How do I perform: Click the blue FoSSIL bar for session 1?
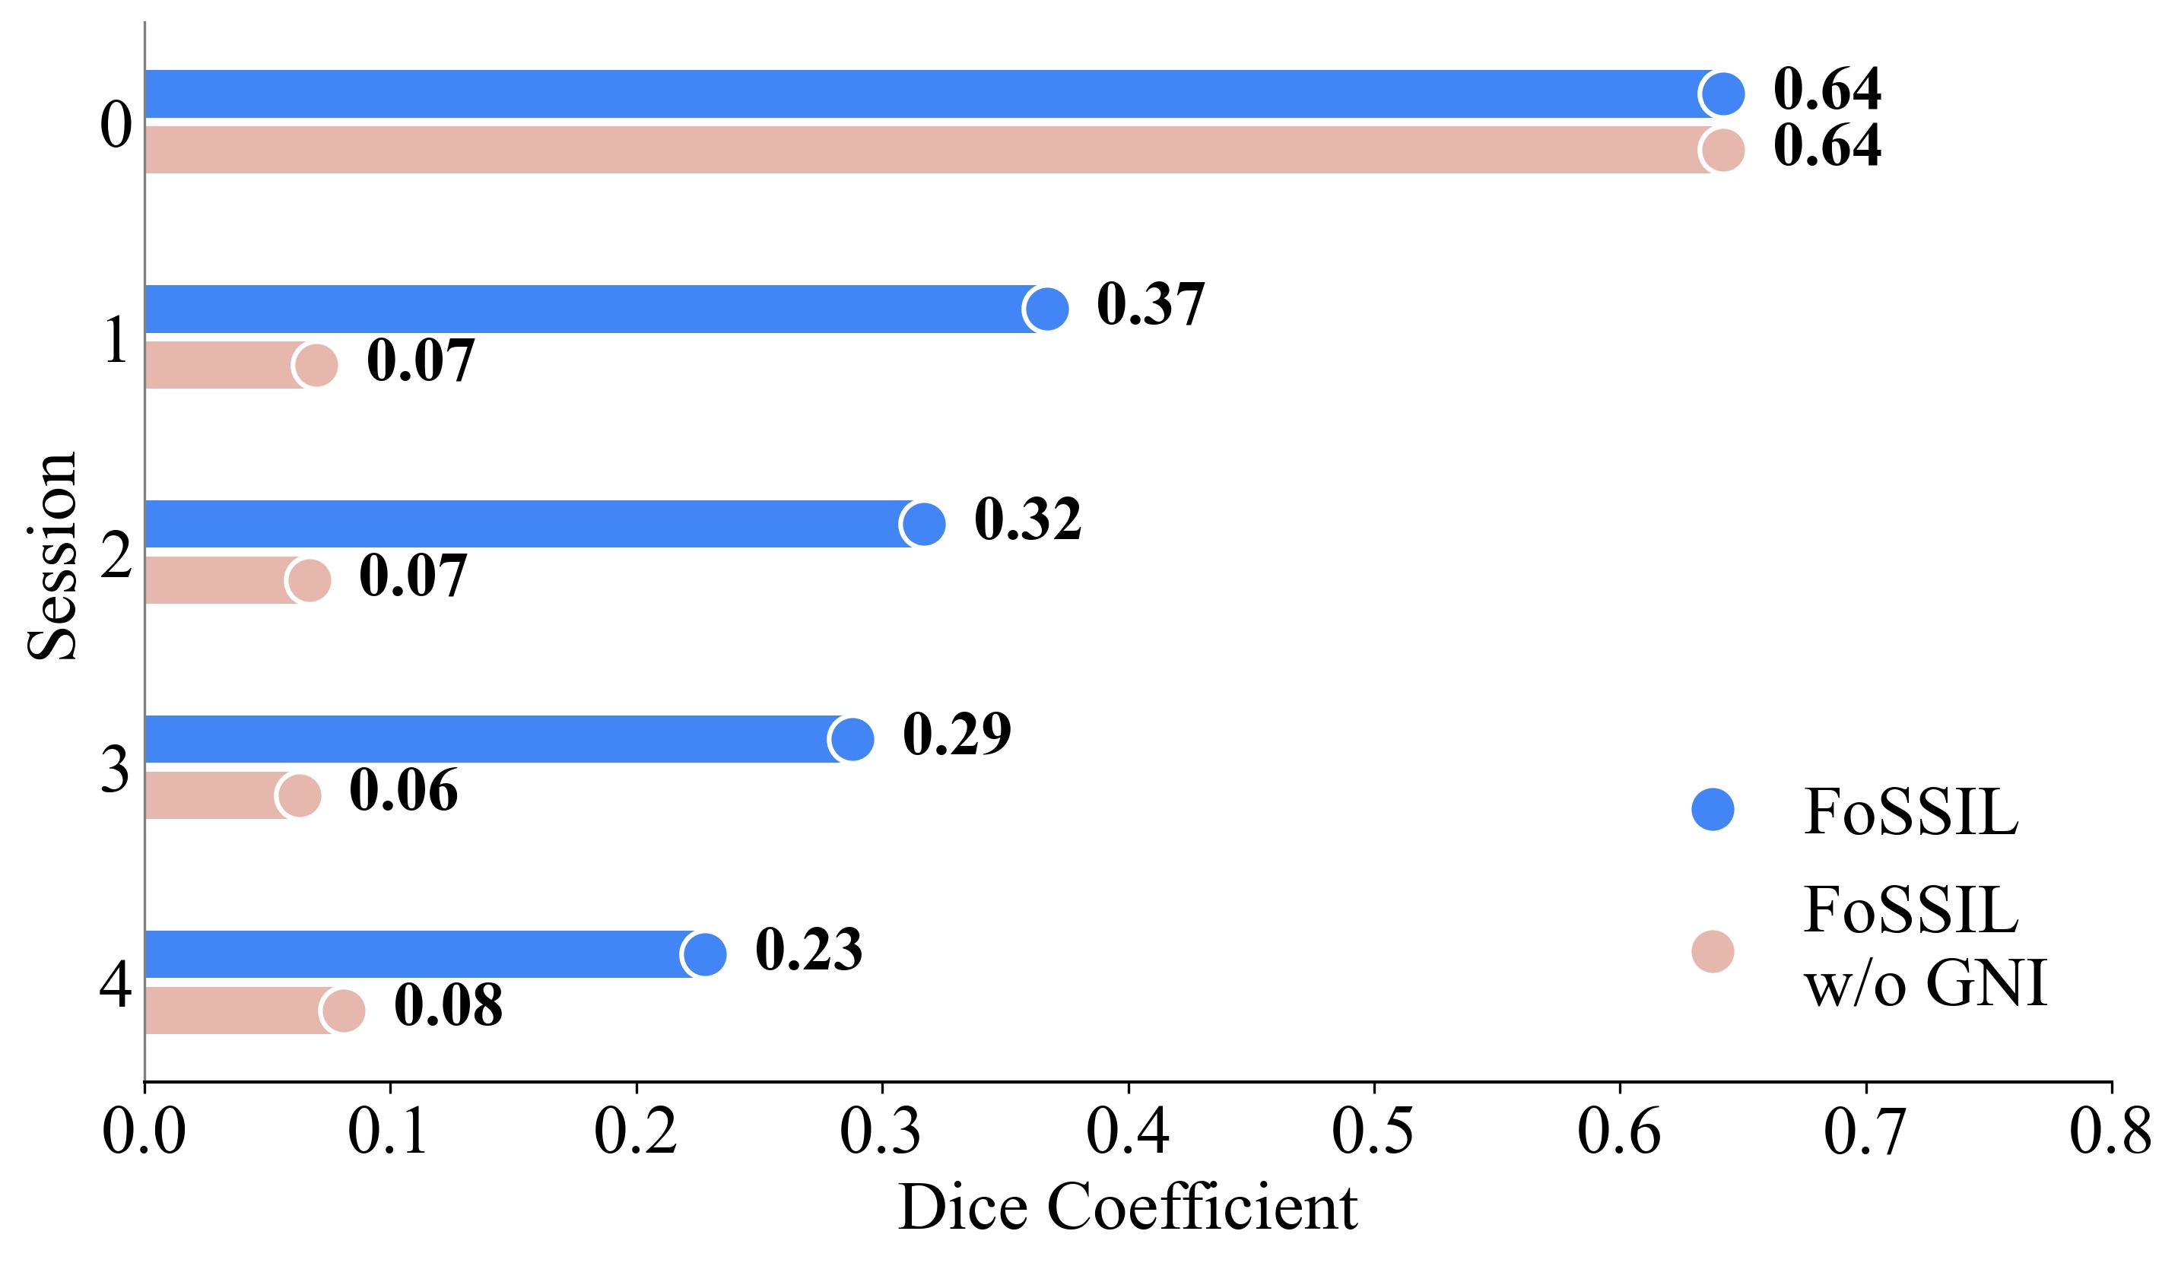(588, 309)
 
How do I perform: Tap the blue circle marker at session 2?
(923, 524)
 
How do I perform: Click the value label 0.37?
(1151, 304)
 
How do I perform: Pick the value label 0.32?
(1027, 519)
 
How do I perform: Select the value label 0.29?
(957, 735)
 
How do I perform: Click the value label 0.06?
(403, 791)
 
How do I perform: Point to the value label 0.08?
(448, 1006)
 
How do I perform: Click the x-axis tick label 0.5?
(1373, 1131)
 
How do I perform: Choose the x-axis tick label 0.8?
(2110, 1131)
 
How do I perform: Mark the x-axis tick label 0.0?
(144, 1131)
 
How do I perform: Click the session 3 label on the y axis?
(115, 770)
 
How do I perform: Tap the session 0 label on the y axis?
(116, 125)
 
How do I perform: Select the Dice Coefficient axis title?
(1127, 1207)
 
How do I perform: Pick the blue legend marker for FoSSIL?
(1712, 810)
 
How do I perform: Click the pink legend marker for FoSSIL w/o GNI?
(1712, 951)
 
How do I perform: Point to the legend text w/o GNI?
(1925, 983)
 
